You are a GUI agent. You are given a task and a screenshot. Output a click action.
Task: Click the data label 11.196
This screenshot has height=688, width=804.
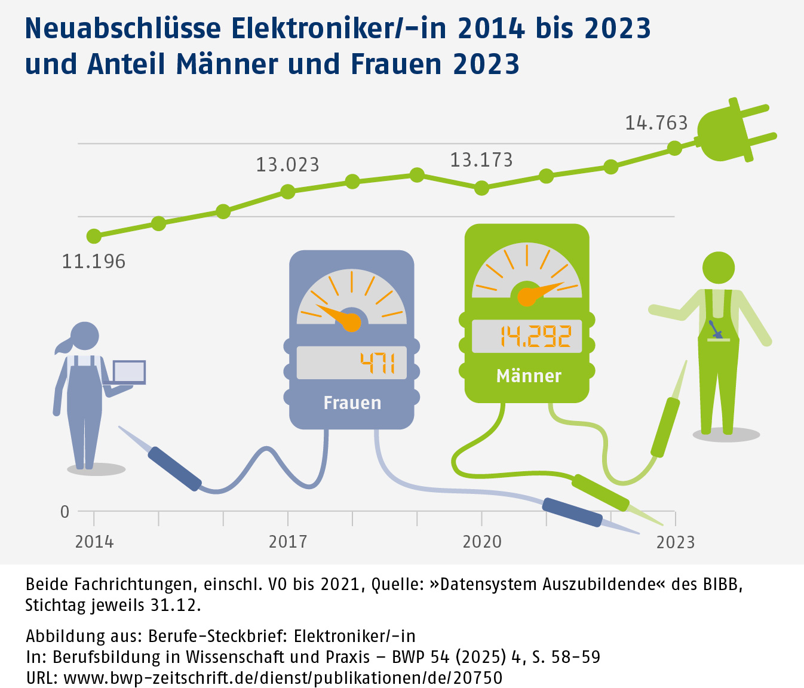pyautogui.click(x=94, y=262)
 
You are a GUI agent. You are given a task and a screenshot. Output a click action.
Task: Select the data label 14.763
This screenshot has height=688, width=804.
pyautogui.click(x=656, y=123)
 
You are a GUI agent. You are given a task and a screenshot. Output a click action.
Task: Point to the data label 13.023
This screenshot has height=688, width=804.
pyautogui.click(x=287, y=165)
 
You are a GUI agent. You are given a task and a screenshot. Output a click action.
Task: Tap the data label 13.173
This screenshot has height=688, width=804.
pyautogui.click(x=481, y=160)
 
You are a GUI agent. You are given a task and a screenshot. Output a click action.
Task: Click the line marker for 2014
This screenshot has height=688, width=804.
pyautogui.click(x=94, y=236)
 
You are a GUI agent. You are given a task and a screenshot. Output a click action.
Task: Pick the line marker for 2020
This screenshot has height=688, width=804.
pyautogui.click(x=481, y=189)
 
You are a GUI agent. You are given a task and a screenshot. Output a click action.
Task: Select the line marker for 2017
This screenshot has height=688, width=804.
pyautogui.click(x=288, y=192)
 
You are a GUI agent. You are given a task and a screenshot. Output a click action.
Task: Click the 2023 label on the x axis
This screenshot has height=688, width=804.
pyautogui.click(x=675, y=542)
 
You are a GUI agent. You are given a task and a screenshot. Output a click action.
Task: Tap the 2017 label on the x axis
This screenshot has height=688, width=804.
pyautogui.click(x=288, y=542)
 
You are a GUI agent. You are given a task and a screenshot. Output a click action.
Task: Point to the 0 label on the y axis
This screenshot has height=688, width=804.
pyautogui.click(x=65, y=512)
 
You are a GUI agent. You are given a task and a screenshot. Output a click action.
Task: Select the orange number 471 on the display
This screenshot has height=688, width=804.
pyautogui.click(x=378, y=363)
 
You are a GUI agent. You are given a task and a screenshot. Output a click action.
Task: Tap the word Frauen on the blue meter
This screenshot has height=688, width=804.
pyautogui.click(x=352, y=403)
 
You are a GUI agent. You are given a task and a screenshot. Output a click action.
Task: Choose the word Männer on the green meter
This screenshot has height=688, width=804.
pyautogui.click(x=529, y=376)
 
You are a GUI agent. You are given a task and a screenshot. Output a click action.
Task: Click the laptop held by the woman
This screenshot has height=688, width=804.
pyautogui.click(x=129, y=372)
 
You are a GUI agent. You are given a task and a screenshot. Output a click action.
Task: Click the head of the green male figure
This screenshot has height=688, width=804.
pyautogui.click(x=718, y=268)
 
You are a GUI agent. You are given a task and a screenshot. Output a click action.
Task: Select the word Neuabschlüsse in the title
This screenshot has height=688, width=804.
pyautogui.click(x=123, y=28)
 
